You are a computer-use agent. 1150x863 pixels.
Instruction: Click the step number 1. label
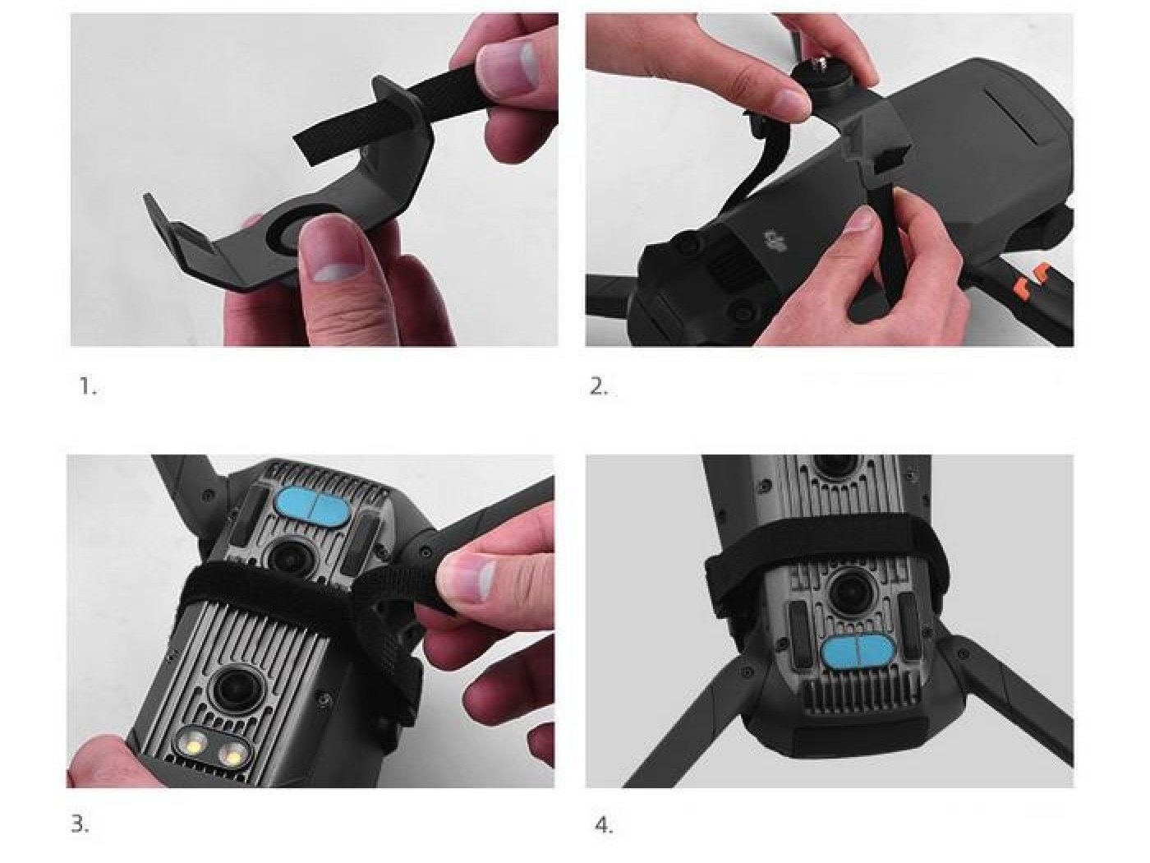coord(88,387)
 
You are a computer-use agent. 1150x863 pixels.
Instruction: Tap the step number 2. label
coord(599,387)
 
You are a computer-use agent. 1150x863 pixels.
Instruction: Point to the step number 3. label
coord(80,824)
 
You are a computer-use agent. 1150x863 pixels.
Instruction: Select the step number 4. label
coord(604,824)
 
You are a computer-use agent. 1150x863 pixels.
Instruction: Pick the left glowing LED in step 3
coord(195,742)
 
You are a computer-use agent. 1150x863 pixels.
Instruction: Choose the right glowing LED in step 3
coord(231,755)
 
